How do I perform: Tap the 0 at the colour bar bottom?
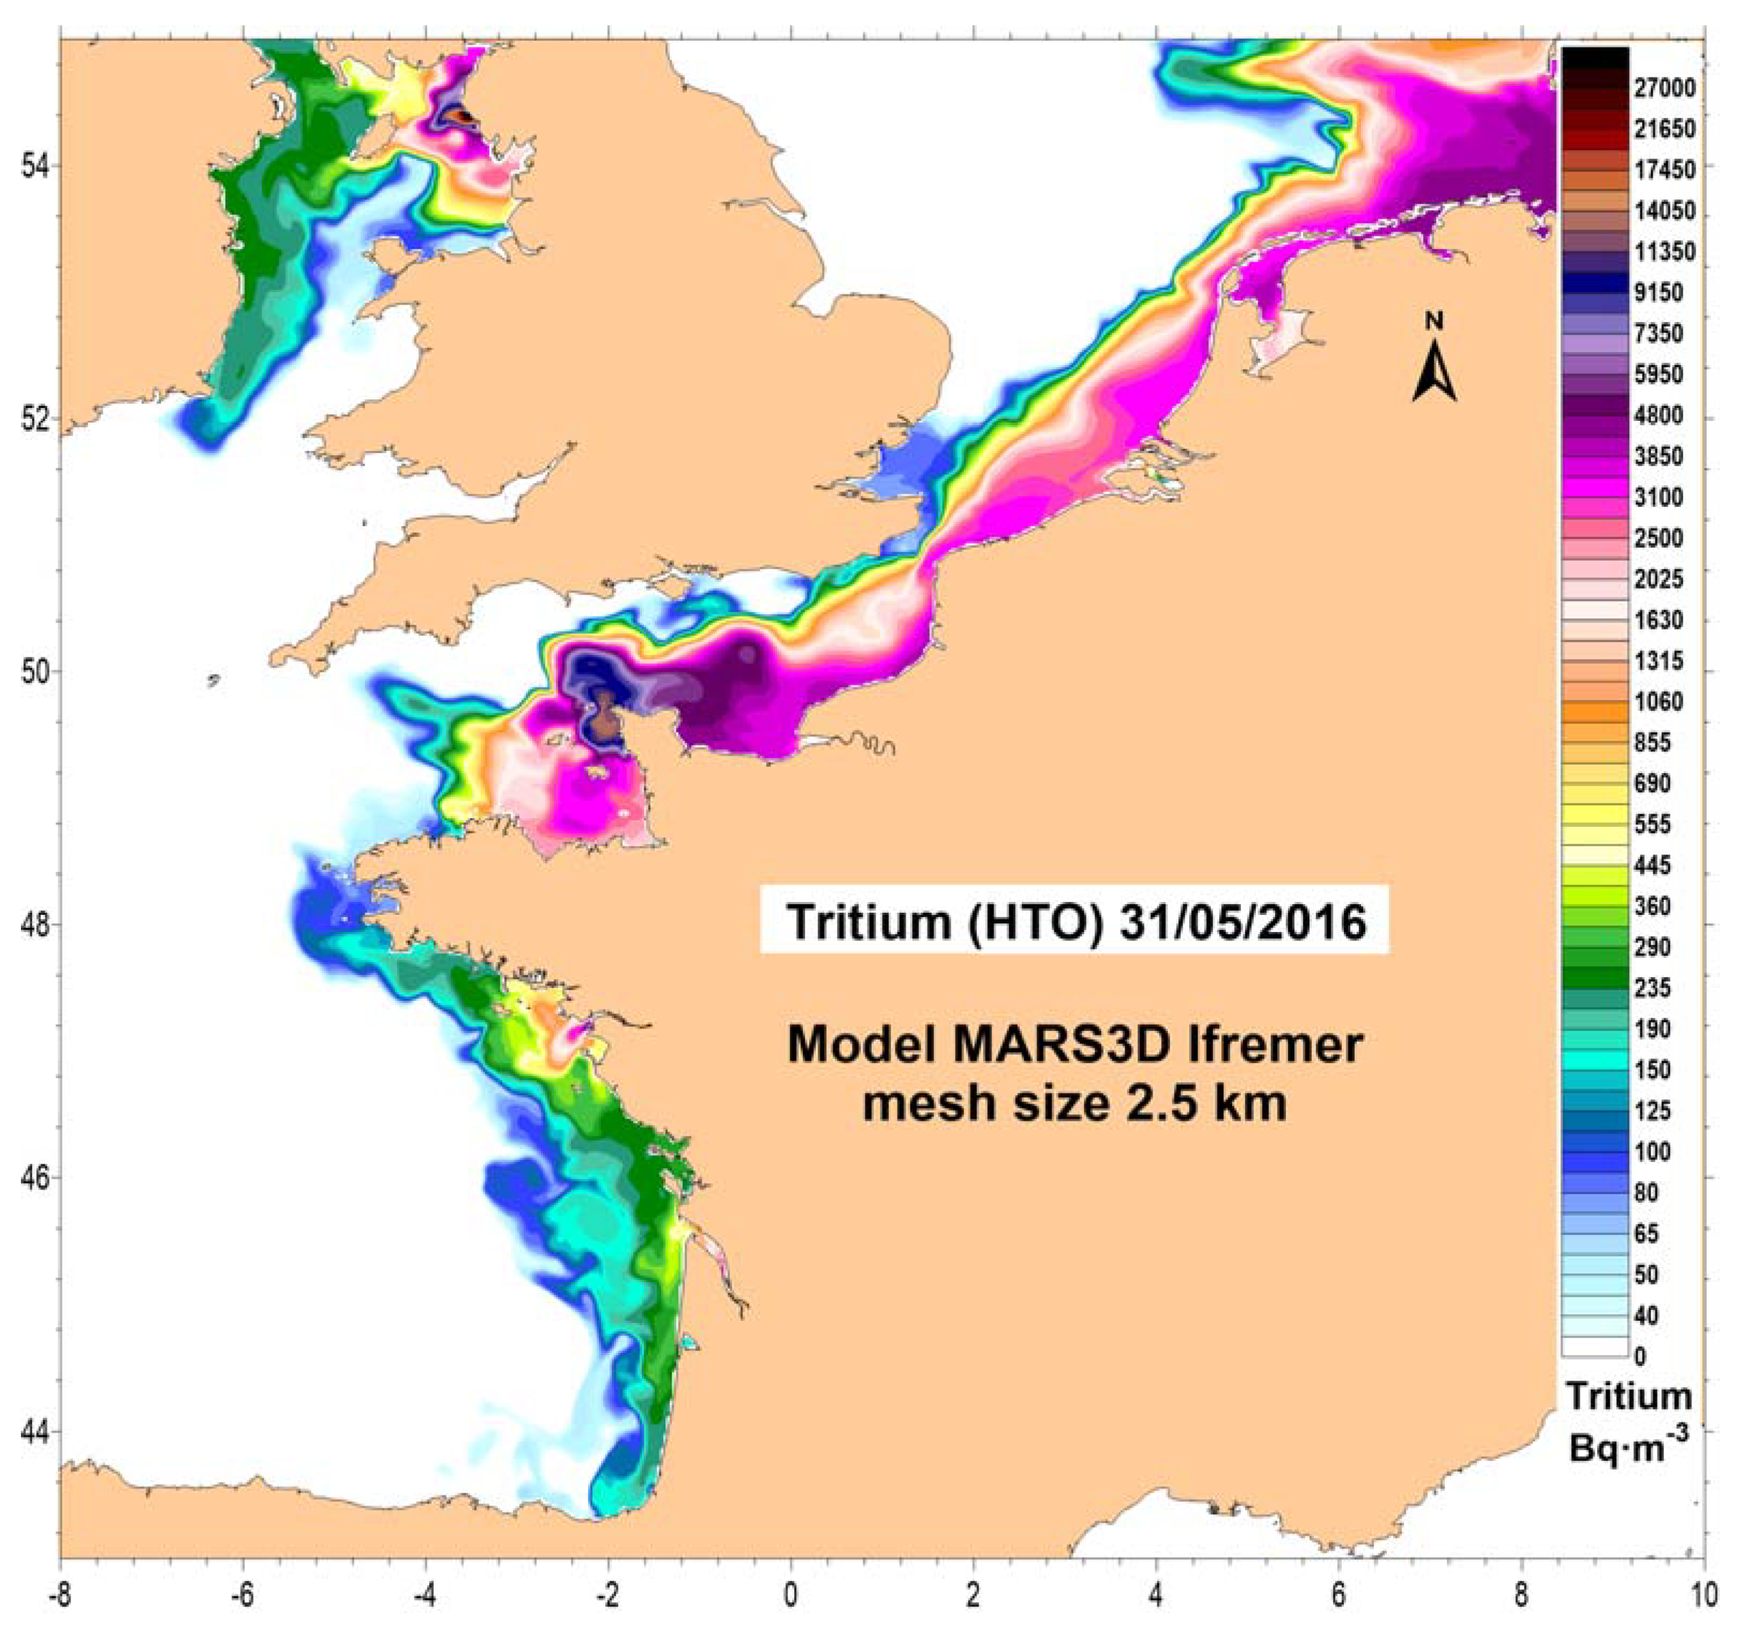tap(1639, 1357)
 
